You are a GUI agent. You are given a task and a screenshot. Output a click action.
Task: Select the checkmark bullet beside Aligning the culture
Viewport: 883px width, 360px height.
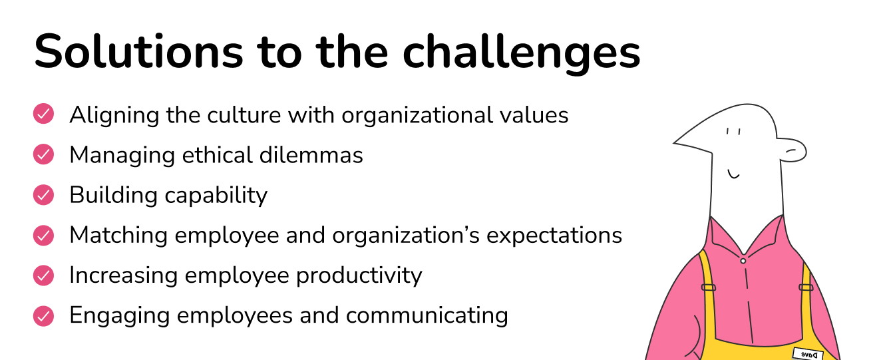tap(43, 114)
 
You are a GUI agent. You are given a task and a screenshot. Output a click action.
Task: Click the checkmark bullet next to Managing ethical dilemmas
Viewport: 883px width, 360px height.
tap(43, 154)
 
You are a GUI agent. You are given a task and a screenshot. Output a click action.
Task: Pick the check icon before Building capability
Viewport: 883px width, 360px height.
tap(43, 194)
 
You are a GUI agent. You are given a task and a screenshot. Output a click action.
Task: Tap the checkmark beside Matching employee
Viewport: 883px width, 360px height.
tap(43, 234)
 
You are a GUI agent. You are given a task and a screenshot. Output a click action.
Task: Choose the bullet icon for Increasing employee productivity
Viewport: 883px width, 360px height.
tap(43, 274)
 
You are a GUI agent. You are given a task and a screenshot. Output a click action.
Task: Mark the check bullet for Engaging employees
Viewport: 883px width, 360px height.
tap(43, 314)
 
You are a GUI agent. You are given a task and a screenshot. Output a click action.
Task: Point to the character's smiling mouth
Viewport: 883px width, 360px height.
tap(734, 174)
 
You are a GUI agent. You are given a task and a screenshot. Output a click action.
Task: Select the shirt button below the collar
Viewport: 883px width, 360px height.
tap(743, 261)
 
